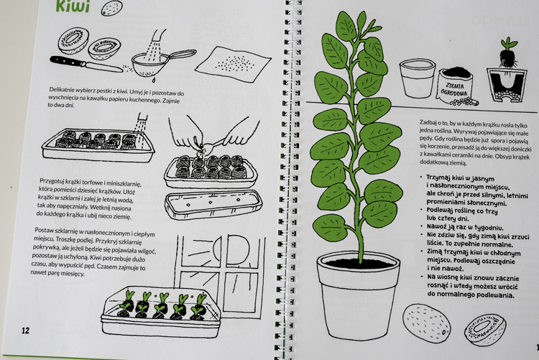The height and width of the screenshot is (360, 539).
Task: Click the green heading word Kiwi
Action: tap(73, 6)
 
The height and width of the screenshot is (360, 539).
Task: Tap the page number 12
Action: tap(25, 331)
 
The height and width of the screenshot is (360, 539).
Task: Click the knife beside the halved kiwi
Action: tap(86, 64)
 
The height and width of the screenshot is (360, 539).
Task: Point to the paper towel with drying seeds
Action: tap(233, 64)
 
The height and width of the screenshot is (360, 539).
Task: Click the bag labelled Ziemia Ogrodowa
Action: tap(456, 86)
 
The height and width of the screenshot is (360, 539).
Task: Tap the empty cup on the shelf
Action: tap(418, 78)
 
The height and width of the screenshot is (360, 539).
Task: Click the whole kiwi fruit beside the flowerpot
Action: tap(426, 323)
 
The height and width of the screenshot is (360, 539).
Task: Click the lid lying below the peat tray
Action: tap(213, 204)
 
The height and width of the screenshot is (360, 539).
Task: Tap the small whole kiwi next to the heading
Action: tap(111, 8)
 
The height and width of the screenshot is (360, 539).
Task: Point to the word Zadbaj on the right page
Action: tap(428, 122)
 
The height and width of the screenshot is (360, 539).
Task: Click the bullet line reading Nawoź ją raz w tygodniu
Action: tap(465, 227)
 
